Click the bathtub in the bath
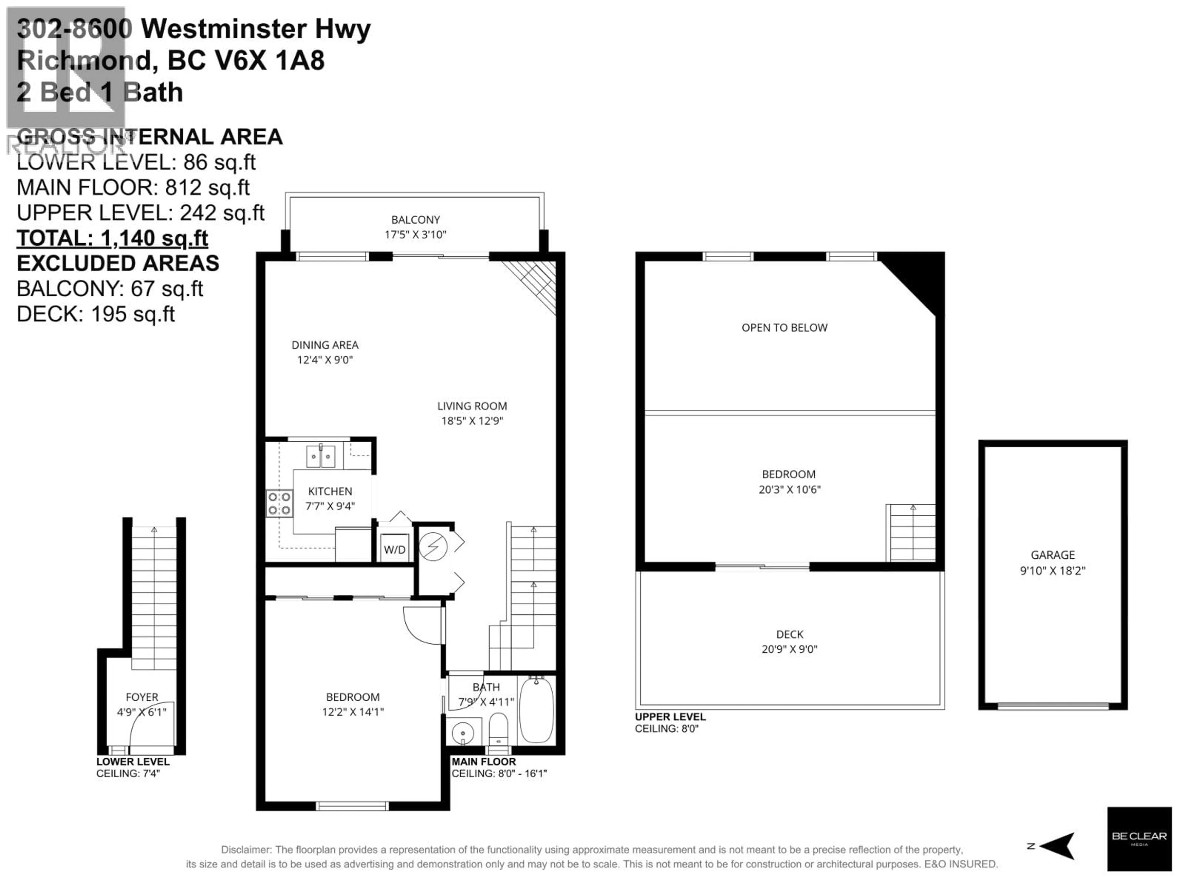click(x=536, y=710)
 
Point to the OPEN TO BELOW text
click(x=784, y=327)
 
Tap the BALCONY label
click(x=415, y=220)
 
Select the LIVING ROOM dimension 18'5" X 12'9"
click(x=472, y=421)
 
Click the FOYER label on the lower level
click(x=142, y=697)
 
